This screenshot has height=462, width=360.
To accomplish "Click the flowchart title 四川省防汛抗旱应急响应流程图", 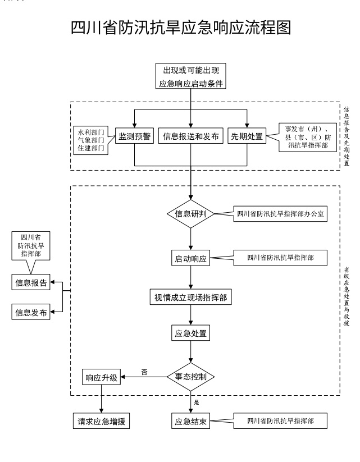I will [180, 29].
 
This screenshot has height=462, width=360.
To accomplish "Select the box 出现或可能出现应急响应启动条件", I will [191, 77].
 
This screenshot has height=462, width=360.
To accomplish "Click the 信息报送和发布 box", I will [191, 136].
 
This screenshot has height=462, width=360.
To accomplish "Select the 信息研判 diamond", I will [192, 213].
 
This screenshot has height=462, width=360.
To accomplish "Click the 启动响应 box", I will [192, 259].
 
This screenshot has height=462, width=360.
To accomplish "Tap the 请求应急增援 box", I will [101, 421].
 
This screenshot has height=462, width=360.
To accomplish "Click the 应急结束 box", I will [192, 421].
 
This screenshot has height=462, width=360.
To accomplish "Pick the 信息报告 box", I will [31, 282].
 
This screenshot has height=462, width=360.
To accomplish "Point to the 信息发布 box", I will [31, 312].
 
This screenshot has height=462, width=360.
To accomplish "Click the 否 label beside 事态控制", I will [144, 372].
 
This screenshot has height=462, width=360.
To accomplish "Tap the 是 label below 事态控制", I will [196, 402].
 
